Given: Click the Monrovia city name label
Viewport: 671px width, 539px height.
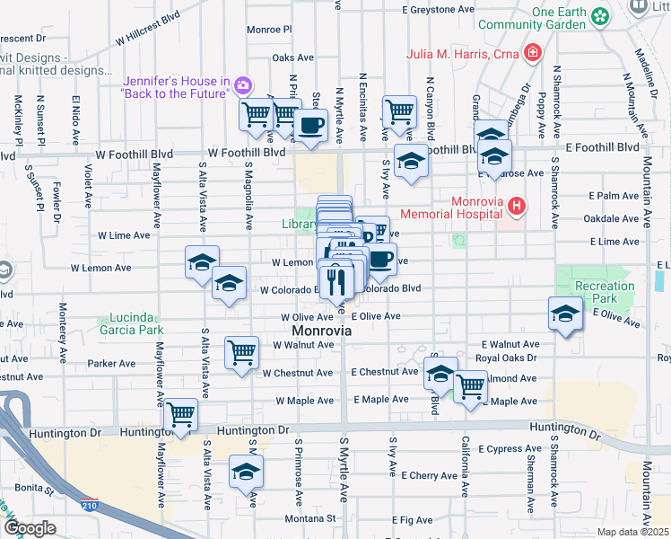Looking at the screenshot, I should coord(320,331).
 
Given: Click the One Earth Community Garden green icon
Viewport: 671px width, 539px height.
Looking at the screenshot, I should coord(600,15).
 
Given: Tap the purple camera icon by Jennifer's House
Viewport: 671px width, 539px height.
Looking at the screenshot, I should coord(242,85).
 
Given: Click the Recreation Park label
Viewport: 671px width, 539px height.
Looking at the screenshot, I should coord(604,292).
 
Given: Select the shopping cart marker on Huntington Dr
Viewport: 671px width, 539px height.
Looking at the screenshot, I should coord(181,414).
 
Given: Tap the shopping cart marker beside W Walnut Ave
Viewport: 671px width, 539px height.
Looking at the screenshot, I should coord(242,352).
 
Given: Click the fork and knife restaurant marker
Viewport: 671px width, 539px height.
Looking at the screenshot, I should coord(335,282).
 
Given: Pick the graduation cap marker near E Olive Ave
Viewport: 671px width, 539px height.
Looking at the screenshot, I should coord(565,314).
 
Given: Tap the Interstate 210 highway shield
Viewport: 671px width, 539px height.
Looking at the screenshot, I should coord(89,506).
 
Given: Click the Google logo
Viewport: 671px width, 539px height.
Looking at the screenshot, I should coord(30,528).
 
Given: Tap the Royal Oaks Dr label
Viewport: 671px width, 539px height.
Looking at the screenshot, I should coord(508,358).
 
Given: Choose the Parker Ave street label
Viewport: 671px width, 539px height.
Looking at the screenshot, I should coord(111,364).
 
